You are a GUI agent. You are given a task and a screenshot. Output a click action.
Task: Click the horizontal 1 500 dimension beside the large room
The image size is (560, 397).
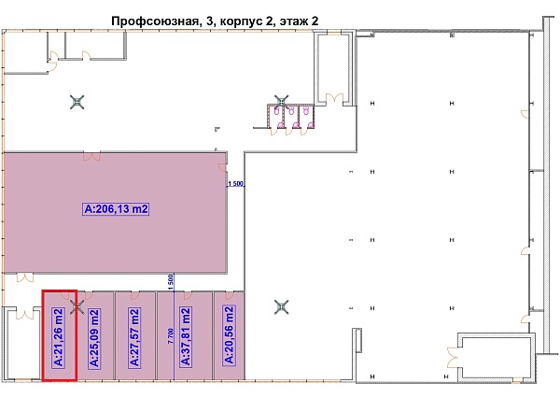coord(236,184)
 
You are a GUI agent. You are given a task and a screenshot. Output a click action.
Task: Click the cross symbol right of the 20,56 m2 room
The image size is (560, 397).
coord(281,305)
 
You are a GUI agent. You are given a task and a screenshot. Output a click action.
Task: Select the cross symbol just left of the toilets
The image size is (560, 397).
coord(282,100)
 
